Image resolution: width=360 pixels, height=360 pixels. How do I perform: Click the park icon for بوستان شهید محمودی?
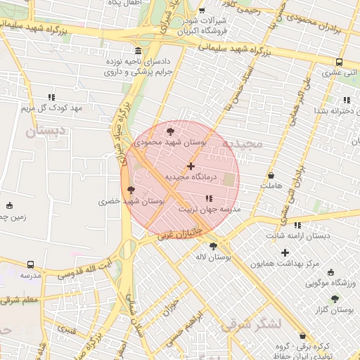(x=171, y=131)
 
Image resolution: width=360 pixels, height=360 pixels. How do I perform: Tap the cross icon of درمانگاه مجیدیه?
(x=191, y=166)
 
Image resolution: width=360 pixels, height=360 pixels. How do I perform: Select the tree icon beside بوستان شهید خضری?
(x=130, y=189)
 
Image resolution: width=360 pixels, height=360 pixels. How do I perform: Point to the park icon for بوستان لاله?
(x=214, y=246)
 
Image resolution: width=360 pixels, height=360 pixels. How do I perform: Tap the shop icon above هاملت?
(x=271, y=175)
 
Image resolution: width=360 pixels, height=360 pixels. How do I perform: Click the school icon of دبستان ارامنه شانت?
(x=297, y=225)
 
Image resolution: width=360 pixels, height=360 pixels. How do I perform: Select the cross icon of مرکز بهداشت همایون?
(x=285, y=252)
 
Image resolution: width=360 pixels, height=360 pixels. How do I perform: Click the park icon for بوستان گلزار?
(x=335, y=299)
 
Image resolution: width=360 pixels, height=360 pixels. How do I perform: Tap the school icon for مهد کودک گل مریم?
(x=51, y=97)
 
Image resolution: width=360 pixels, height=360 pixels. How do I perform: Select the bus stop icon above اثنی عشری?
(x=340, y=62)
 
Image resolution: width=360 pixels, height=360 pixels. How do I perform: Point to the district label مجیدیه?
(x=242, y=143)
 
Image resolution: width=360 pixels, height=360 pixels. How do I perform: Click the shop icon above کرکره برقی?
(x=302, y=336)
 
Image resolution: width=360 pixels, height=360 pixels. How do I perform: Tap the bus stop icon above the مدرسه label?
(x=30, y=264)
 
